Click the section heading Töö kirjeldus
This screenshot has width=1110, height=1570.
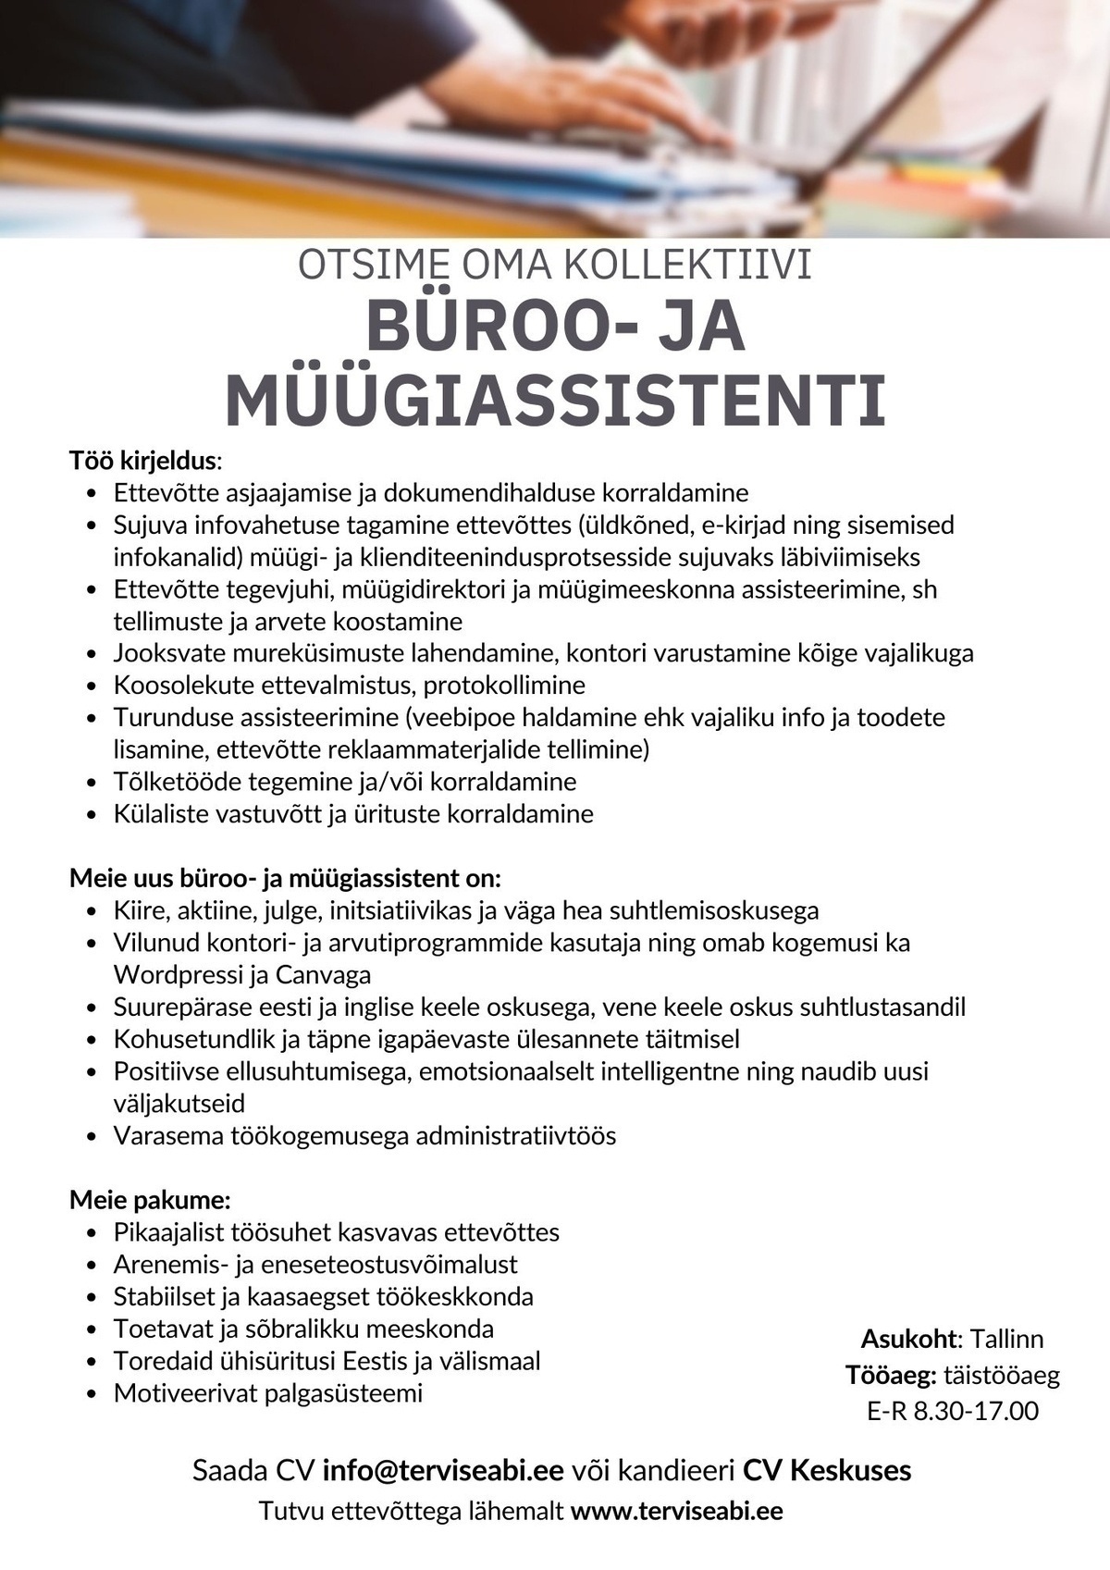[x=143, y=460]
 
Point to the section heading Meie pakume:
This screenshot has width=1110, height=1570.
[x=150, y=1201]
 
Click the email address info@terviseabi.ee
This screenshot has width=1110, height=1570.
[x=443, y=1470]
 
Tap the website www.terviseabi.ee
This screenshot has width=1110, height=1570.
[x=676, y=1512]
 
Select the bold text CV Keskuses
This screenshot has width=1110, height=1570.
[x=827, y=1470]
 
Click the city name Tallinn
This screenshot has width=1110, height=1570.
[x=1006, y=1339]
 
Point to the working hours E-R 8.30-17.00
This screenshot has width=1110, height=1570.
[x=953, y=1411]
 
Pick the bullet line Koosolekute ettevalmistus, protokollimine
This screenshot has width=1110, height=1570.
[x=350, y=686]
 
